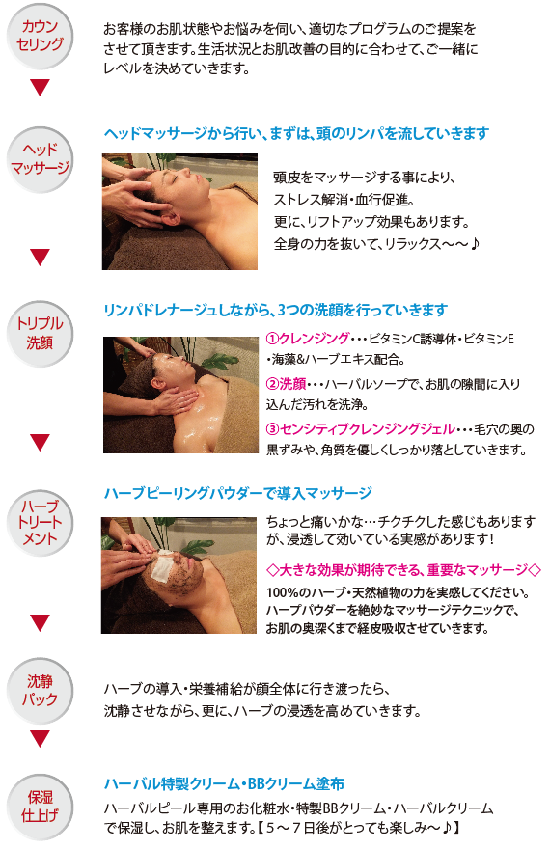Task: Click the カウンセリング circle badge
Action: (x=40, y=36)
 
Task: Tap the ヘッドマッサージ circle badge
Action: (x=40, y=159)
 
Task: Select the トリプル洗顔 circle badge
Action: (x=40, y=333)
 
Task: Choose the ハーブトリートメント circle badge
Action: (x=40, y=523)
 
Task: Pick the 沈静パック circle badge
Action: (x=40, y=691)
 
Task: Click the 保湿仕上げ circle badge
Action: (x=40, y=807)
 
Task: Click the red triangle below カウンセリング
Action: (x=41, y=88)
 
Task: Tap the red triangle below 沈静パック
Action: (x=41, y=739)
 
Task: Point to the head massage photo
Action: (x=179, y=211)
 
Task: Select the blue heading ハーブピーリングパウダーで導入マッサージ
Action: (x=237, y=493)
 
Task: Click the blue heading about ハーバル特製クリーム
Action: (x=224, y=783)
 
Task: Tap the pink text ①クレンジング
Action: (x=308, y=339)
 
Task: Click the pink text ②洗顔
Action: (x=287, y=384)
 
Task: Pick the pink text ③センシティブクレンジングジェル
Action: (x=361, y=429)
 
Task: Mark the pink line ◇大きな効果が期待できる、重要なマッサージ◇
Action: (x=404, y=569)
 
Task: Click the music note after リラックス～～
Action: (x=474, y=244)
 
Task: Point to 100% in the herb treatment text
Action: (x=279, y=592)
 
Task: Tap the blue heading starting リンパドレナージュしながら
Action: (x=276, y=311)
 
